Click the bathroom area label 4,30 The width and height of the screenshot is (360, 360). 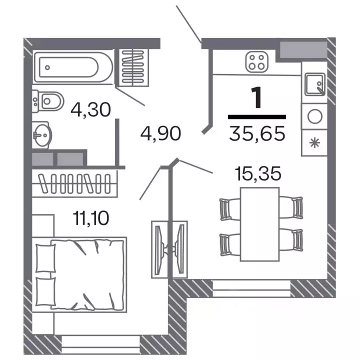click(90, 110)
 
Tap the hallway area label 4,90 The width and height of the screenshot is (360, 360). click(160, 133)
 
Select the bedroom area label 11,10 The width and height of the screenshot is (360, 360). click(91, 218)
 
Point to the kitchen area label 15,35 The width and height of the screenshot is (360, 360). click(258, 173)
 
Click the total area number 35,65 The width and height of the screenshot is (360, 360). click(257, 133)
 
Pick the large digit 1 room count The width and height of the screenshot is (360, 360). click(257, 97)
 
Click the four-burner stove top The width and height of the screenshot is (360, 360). click(257, 62)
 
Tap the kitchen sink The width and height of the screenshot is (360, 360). click(315, 84)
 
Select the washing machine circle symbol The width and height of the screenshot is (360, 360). click(315, 116)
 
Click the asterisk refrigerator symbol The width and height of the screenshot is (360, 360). click(314, 143)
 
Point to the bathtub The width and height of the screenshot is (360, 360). click(73, 67)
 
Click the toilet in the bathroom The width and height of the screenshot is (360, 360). click(47, 101)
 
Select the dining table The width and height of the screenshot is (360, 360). click(259, 224)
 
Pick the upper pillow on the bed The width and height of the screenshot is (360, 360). click(45, 258)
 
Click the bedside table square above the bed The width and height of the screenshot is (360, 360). click(43, 225)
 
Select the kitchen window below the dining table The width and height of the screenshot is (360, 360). click(251, 288)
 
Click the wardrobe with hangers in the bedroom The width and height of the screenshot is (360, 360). click(74, 183)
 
